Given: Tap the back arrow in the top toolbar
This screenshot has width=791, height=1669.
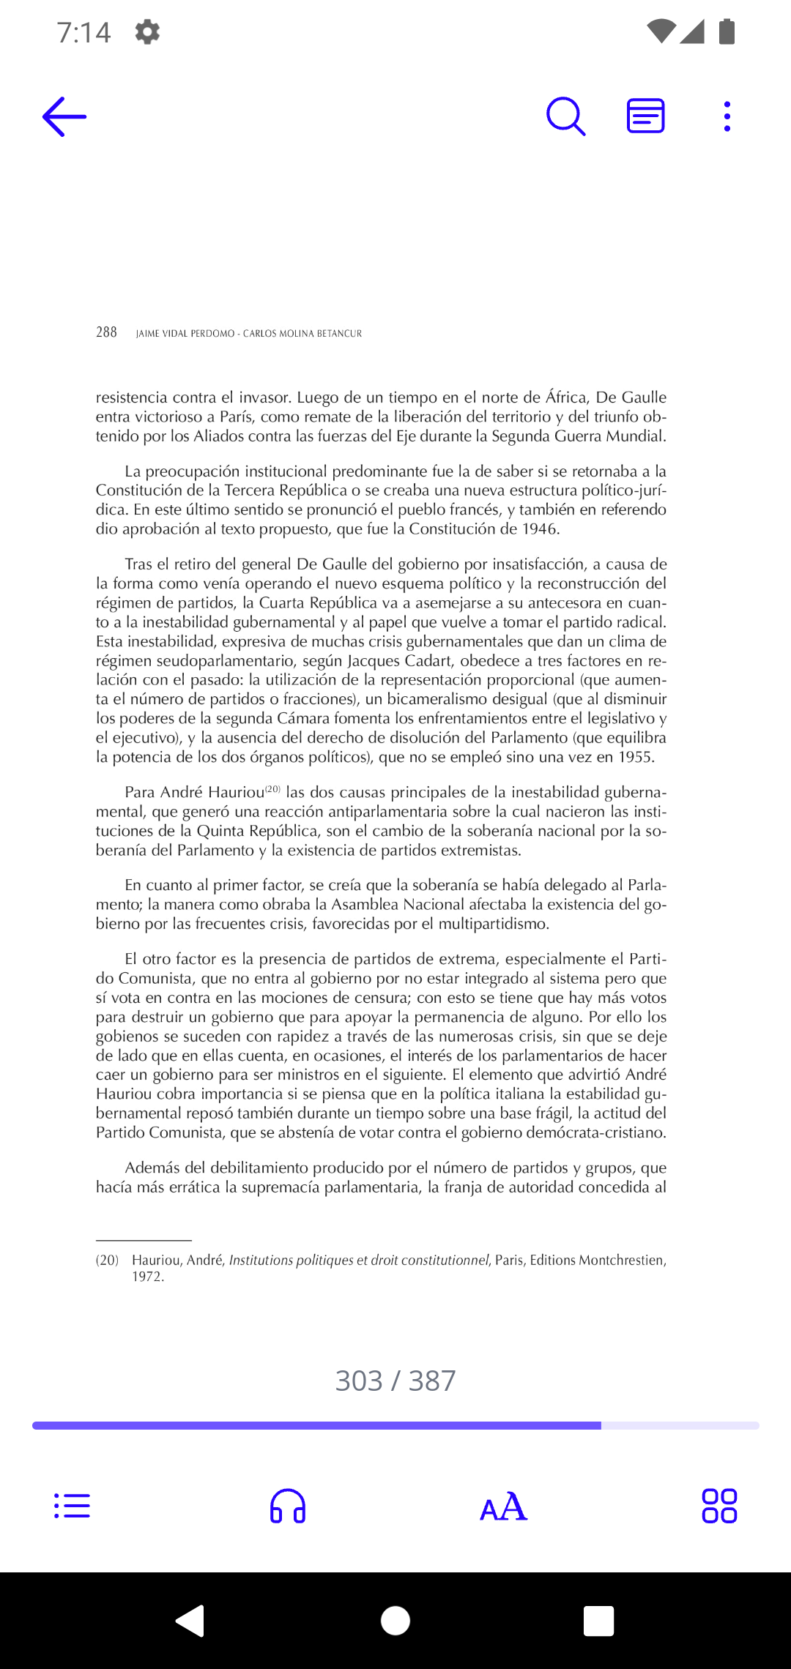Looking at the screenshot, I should pyautogui.click(x=64, y=116).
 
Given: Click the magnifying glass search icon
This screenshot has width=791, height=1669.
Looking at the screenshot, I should pyautogui.click(x=565, y=116).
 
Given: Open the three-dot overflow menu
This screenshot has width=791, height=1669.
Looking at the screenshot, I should pyautogui.click(x=727, y=116).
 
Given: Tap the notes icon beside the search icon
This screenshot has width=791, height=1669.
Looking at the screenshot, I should pyautogui.click(x=645, y=116).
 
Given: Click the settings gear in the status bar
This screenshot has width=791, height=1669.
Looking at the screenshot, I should pyautogui.click(x=147, y=32).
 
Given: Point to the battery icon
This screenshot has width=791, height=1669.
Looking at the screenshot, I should pyautogui.click(x=727, y=31).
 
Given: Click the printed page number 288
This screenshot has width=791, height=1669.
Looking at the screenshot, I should pyautogui.click(x=106, y=332).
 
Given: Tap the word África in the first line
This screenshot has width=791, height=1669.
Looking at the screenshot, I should pyautogui.click(x=566, y=397).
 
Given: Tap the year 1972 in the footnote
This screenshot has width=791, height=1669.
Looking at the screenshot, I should pyautogui.click(x=146, y=1277).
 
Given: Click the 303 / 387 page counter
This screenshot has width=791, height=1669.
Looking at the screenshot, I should pyautogui.click(x=395, y=1381).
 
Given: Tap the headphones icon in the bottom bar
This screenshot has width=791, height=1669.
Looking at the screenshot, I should pyautogui.click(x=288, y=1506).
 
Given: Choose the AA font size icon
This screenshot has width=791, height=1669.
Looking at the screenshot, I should pyautogui.click(x=503, y=1506).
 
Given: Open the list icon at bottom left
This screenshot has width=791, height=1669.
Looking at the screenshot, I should pyautogui.click(x=72, y=1506).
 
